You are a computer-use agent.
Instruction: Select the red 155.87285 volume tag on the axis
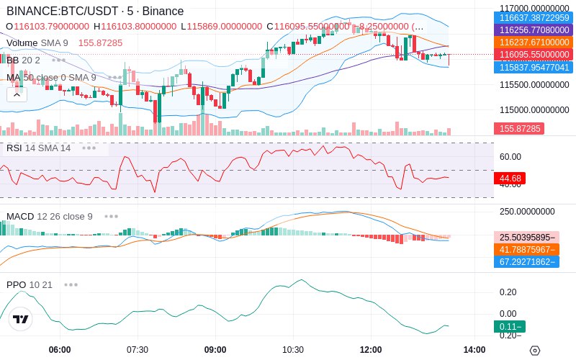[x=518, y=128]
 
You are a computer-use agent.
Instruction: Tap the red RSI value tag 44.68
[x=511, y=178]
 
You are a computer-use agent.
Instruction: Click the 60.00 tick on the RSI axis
[x=510, y=156]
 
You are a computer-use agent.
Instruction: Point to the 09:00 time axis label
[x=215, y=349]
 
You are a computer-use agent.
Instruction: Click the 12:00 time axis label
[x=370, y=349]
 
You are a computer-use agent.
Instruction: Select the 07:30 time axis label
[x=137, y=349]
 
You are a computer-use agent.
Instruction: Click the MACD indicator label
[x=19, y=216]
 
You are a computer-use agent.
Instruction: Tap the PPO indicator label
[x=16, y=284]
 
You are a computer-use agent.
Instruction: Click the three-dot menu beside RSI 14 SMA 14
[x=89, y=148]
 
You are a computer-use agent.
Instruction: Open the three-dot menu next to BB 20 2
[x=58, y=60]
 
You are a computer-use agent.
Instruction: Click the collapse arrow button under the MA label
[x=17, y=94]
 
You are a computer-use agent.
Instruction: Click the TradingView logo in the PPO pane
[x=21, y=319]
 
